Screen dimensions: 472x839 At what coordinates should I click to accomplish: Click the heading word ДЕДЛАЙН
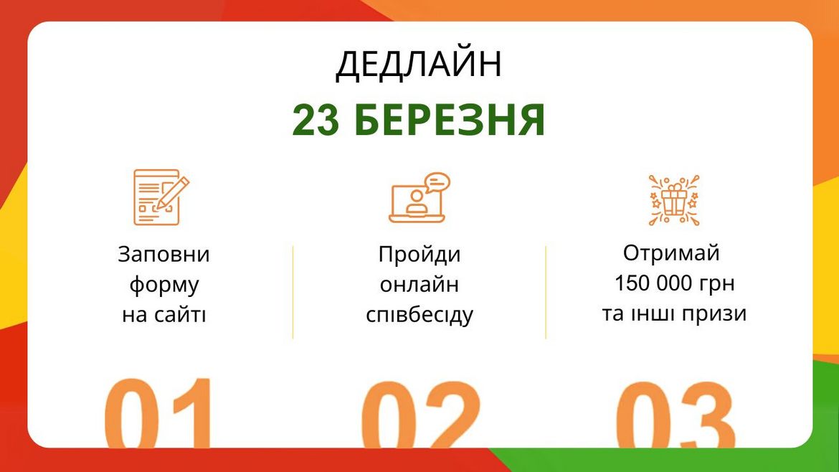coord(419,65)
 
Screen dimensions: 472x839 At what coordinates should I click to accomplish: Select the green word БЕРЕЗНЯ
coord(450,121)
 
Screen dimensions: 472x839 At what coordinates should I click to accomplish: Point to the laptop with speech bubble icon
coord(418,199)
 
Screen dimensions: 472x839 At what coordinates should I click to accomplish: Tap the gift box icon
coord(673,199)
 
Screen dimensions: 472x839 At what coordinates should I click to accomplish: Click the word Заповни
coord(163,255)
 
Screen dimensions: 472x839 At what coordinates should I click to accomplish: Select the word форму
coord(164,285)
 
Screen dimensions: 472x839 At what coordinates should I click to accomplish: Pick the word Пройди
coord(419,255)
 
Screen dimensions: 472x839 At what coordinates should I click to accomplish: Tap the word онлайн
coord(419,285)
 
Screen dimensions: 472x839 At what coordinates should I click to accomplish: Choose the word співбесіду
coord(419,316)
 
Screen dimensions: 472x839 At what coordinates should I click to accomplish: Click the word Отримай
coord(671,253)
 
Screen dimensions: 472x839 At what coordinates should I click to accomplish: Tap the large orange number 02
coord(419,415)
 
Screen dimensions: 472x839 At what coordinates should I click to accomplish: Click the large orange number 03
coord(675,415)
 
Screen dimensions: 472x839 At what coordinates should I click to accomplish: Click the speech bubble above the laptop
coord(437,182)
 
